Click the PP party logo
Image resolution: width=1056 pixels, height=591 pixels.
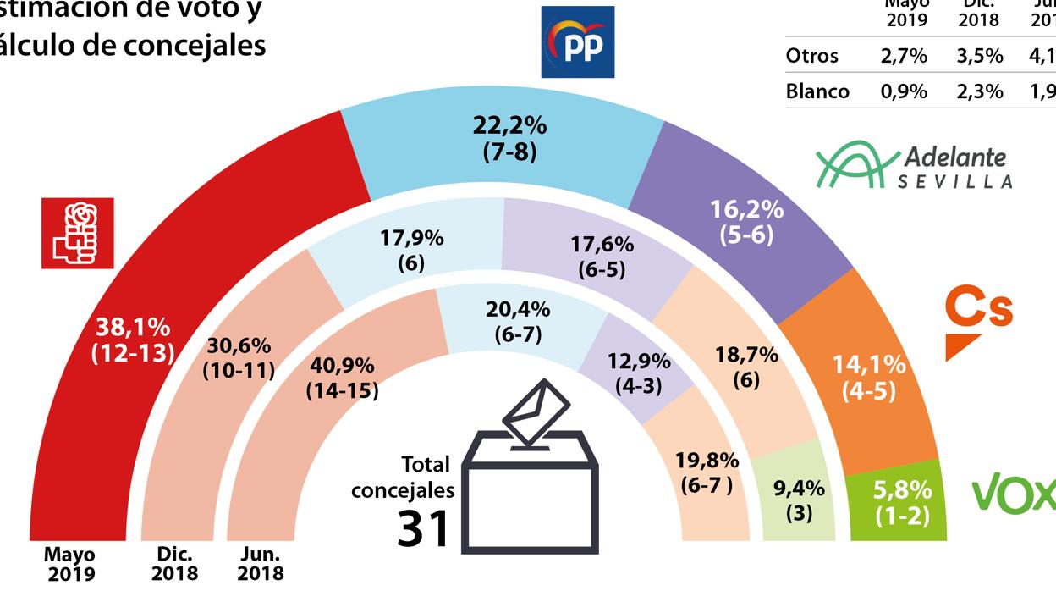pos(577,42)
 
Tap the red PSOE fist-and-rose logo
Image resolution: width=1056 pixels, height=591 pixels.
pos(77,233)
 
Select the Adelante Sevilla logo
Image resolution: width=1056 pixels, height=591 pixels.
pos(914,165)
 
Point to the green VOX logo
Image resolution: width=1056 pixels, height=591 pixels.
pos(1014,493)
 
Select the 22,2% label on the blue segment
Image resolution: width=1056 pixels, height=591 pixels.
pos(509,127)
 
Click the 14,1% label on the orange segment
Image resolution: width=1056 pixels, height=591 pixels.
pos(869,366)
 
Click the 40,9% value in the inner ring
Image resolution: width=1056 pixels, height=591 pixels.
pos(343,367)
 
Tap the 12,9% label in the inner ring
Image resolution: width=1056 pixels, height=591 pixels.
pos(639,362)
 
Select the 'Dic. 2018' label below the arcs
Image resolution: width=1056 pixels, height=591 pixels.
pos(177,563)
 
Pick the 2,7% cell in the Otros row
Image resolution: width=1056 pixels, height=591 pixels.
pos(903,56)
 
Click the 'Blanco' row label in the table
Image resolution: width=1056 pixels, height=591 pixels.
pos(817,91)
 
